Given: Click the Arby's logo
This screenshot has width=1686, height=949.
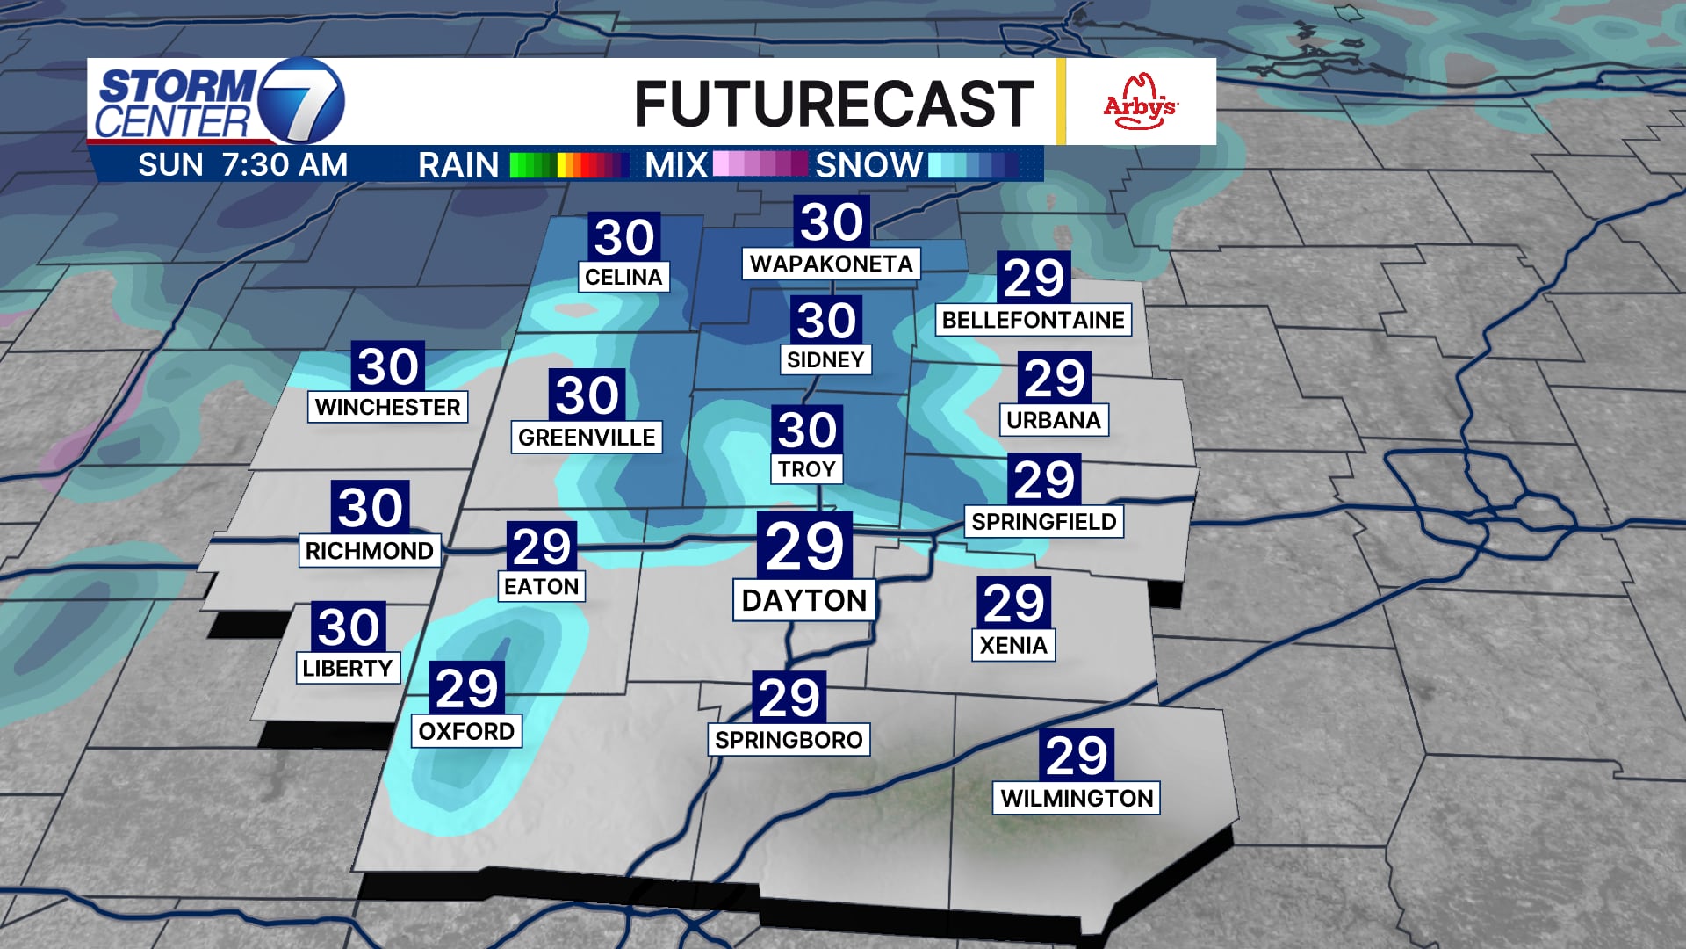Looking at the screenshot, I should pyautogui.click(x=1140, y=102).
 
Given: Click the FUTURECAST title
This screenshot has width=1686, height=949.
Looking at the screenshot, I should pyautogui.click(x=833, y=104).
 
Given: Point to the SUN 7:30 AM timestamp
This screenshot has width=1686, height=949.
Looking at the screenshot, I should pyautogui.click(x=242, y=165).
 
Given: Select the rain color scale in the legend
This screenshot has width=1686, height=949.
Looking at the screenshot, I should pyautogui.click(x=569, y=165).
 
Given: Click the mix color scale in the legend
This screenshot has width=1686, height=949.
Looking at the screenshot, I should pyautogui.click(x=760, y=165).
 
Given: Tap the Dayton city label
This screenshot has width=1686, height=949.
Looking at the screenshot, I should pyautogui.click(x=804, y=601).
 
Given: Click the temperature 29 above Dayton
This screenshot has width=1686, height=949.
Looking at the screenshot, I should pyautogui.click(x=804, y=547).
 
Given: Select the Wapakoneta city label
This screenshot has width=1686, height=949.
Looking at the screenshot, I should pyautogui.click(x=831, y=264).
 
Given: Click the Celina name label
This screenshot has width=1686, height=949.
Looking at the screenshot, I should pyautogui.click(x=623, y=277).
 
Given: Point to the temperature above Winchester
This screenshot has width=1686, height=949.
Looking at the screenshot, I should pyautogui.click(x=388, y=366).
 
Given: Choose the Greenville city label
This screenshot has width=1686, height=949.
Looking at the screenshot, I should pyautogui.click(x=587, y=438).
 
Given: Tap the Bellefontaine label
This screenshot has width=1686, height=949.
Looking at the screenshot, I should pyautogui.click(x=1033, y=320).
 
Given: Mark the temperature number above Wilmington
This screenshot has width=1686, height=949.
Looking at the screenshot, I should pyautogui.click(x=1077, y=756).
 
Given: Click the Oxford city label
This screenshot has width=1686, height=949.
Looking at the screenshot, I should pyautogui.click(x=466, y=731).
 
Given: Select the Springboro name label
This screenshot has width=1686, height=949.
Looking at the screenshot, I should pyautogui.click(x=789, y=740).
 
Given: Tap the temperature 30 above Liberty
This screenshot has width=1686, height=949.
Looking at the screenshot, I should pyautogui.click(x=349, y=627).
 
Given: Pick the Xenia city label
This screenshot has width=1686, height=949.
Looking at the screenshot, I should pyautogui.click(x=1013, y=646).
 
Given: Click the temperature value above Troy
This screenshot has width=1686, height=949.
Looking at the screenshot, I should pyautogui.click(x=807, y=431).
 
